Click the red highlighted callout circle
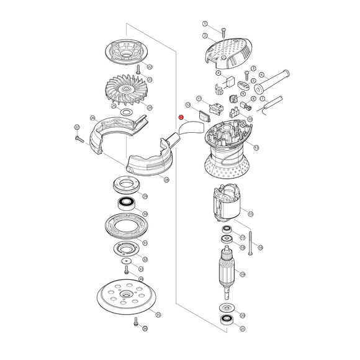pos(181,117)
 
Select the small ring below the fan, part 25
pos(126,112)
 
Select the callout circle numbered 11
pos(199,99)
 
